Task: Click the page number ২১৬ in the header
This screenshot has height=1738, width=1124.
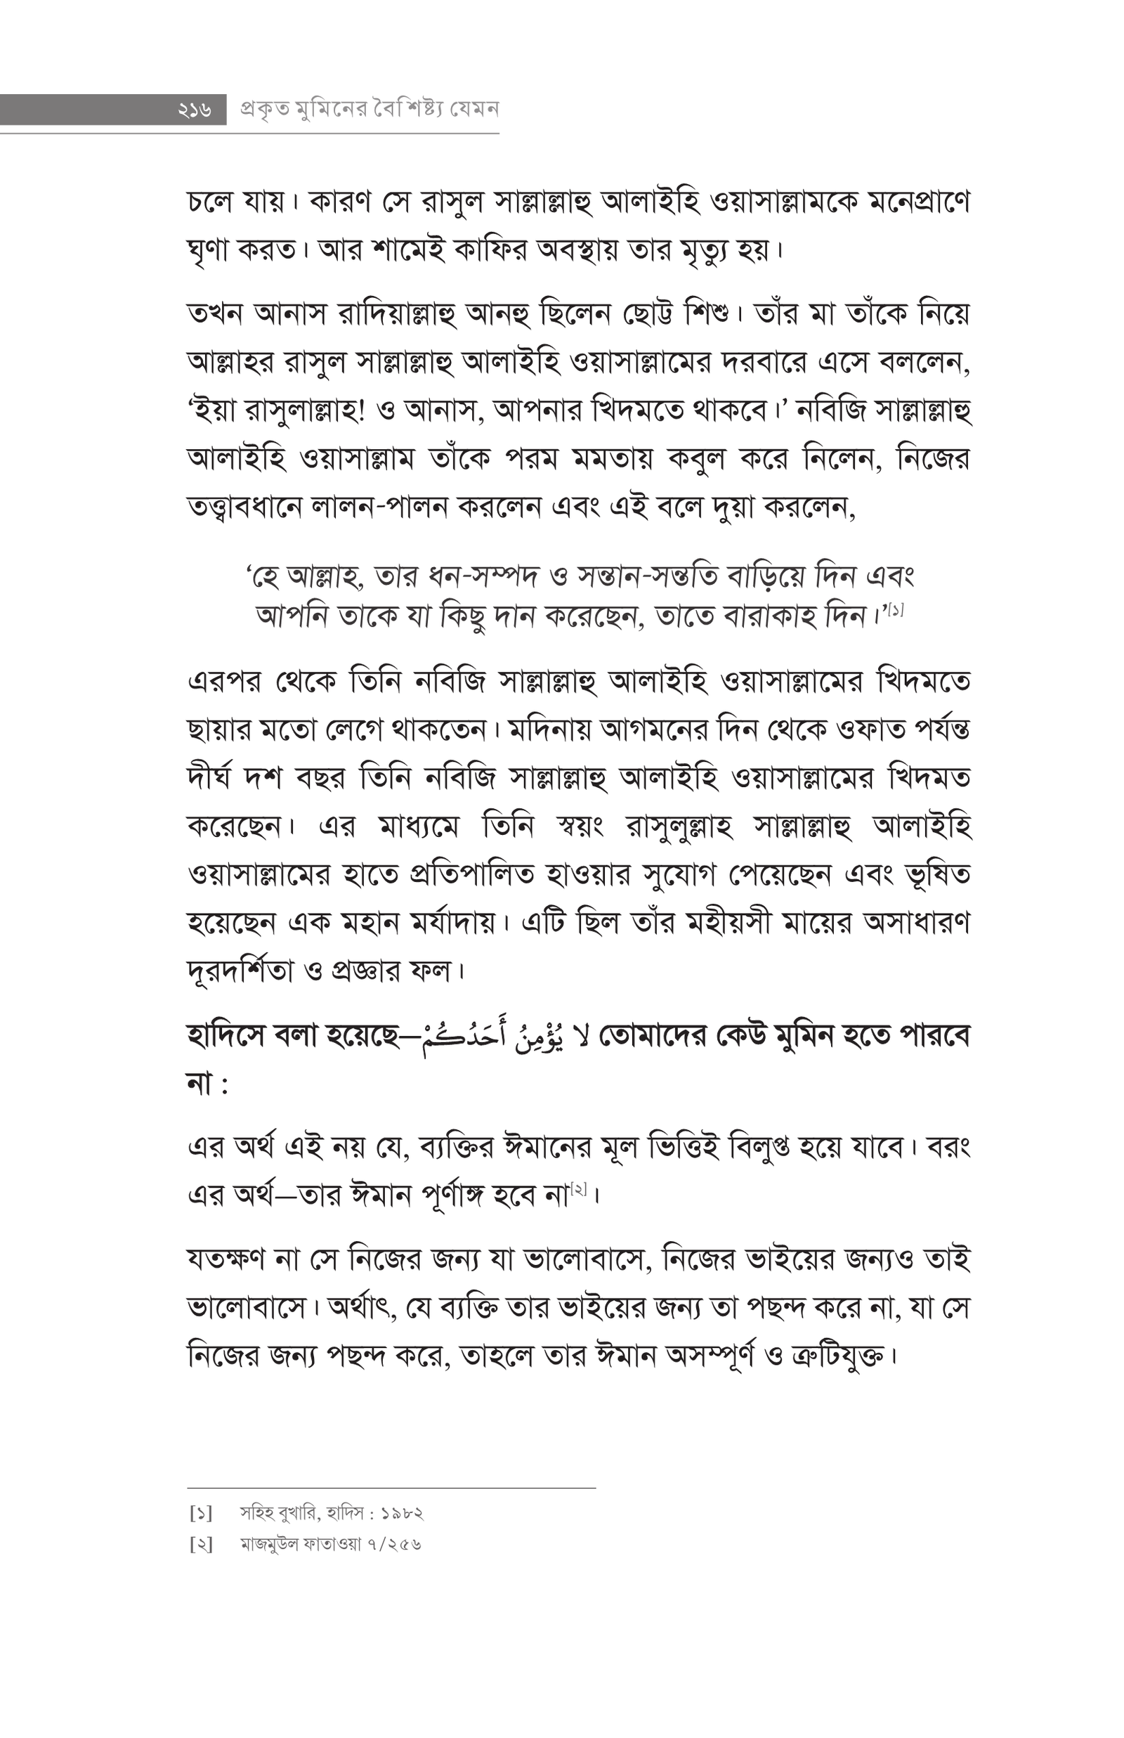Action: tap(193, 110)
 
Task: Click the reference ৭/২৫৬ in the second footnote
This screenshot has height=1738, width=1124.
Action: tap(396, 1545)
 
